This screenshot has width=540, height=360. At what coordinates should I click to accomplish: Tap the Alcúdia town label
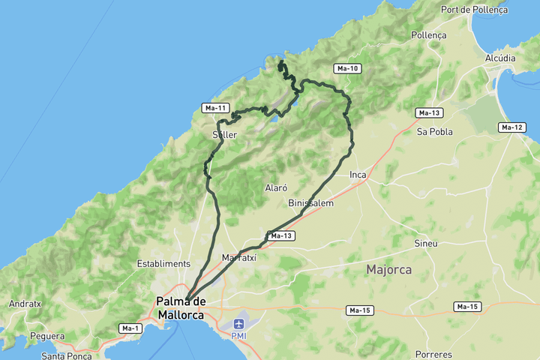500,58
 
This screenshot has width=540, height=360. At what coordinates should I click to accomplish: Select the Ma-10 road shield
348,69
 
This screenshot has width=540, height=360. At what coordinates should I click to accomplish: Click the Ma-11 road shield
215,108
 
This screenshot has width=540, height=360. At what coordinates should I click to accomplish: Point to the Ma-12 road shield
511,127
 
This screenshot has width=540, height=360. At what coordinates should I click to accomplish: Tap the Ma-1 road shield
130,328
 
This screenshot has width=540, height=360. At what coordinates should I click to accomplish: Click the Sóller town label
224,135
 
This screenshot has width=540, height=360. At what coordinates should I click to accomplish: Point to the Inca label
358,175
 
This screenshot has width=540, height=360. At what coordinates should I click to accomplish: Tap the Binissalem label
310,203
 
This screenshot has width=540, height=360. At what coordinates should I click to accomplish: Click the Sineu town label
426,244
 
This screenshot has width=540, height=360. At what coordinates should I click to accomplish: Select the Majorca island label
388,269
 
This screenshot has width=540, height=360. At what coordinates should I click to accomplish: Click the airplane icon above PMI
238,324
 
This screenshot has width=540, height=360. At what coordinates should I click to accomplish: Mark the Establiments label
163,264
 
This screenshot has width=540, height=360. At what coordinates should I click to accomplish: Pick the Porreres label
435,353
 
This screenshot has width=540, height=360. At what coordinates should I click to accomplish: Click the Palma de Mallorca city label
181,308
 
